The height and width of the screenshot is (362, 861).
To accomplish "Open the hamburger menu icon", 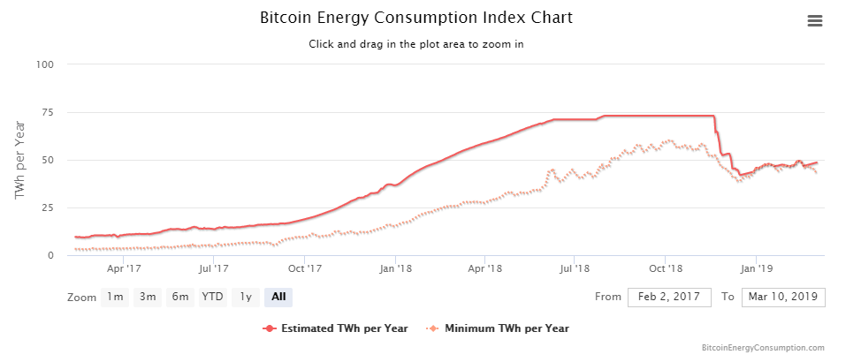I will pyautogui.click(x=815, y=21).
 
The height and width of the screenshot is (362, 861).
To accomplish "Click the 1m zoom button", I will pyautogui.click(x=115, y=297).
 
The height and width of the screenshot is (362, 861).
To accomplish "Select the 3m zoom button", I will pyautogui.click(x=148, y=297).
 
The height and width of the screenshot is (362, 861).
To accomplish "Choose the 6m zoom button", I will pyautogui.click(x=180, y=297).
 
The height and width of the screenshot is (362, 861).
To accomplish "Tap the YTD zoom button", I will pyautogui.click(x=213, y=297).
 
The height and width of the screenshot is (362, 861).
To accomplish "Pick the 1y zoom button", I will pyautogui.click(x=247, y=297).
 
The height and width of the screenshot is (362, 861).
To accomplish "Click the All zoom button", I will pyautogui.click(x=278, y=297).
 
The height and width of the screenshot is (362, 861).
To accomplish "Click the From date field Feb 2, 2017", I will pyautogui.click(x=669, y=297).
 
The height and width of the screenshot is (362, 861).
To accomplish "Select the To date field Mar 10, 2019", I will pyautogui.click(x=783, y=297).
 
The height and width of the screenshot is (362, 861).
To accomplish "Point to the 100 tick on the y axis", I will pyautogui.click(x=45, y=64).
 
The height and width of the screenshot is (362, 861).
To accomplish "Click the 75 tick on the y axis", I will pyautogui.click(x=48, y=112).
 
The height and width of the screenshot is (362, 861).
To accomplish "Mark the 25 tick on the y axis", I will pyautogui.click(x=48, y=207).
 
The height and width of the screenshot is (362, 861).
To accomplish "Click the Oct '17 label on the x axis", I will pyautogui.click(x=304, y=268).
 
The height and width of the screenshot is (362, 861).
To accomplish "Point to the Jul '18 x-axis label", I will pyautogui.click(x=575, y=268).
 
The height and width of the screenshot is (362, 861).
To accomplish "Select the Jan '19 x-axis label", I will pyautogui.click(x=755, y=268).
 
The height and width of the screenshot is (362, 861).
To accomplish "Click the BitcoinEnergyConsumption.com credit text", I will pyautogui.click(x=762, y=349).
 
